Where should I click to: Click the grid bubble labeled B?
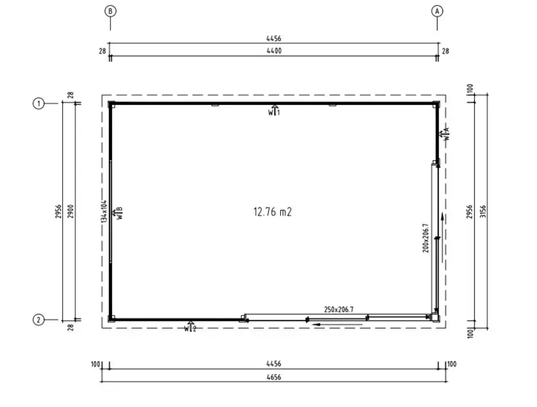click(110, 11)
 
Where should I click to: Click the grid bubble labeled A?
click(437, 11)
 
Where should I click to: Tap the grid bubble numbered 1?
click(39, 103)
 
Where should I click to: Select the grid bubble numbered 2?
click(39, 320)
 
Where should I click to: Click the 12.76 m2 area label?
click(273, 212)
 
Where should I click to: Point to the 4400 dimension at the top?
click(274, 51)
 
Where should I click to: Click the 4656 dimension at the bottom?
click(274, 377)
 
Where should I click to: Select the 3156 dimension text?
click(483, 211)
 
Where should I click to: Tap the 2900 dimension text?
click(70, 211)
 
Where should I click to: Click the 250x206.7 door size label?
click(339, 310)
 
